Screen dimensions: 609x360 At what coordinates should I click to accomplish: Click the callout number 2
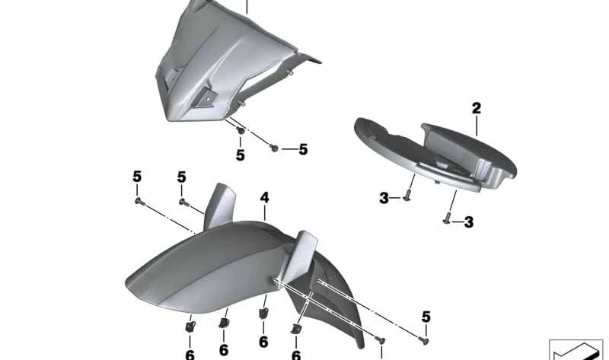coord(477,108)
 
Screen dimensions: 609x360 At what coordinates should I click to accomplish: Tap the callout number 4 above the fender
coord(264,198)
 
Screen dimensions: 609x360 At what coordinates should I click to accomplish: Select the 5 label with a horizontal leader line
coord(303,149)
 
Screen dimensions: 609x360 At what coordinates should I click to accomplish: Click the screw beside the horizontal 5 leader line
coord(274,148)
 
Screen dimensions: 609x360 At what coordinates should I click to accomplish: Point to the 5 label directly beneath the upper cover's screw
coord(241,155)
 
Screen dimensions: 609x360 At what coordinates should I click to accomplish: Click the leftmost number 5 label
coord(137,177)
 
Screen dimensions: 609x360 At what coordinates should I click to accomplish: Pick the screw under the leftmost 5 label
coord(139,202)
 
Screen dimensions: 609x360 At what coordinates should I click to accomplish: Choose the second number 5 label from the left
coord(181,177)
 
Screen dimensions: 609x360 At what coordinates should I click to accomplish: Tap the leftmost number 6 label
coord(190,355)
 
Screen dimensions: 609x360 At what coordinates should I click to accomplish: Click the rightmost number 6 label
coord(296,355)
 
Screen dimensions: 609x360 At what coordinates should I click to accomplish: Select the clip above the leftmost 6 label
coord(190,327)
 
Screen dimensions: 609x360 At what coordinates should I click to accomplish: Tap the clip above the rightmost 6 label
coord(296,330)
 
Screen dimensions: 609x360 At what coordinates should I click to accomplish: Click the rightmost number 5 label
coord(426,317)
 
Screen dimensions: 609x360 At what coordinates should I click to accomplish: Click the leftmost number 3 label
coord(384,199)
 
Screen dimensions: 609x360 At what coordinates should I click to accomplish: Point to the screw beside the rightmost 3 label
coord(447,218)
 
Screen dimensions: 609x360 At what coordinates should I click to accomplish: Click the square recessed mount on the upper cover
coord(204,98)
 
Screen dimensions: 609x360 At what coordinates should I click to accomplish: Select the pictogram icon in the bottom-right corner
coord(576,350)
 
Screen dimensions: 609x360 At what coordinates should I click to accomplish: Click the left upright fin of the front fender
coord(219,205)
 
